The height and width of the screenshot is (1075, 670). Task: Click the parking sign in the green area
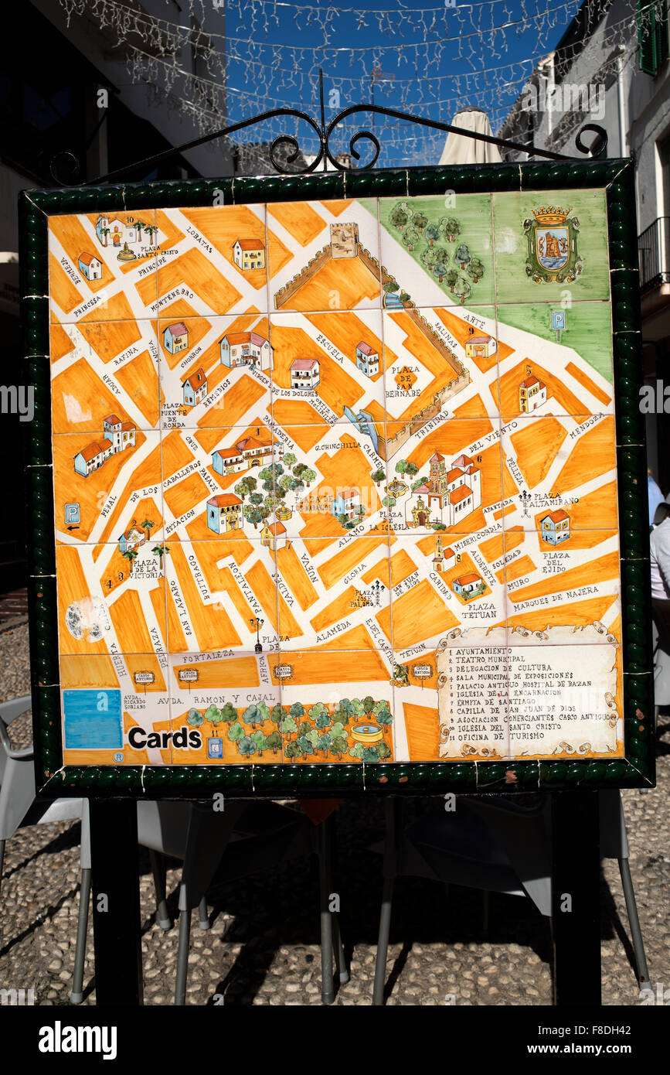pyautogui.click(x=557, y=319)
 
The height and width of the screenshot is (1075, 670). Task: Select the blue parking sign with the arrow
pyautogui.click(x=72, y=514)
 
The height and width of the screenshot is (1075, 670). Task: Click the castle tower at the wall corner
pyautogui.click(x=344, y=239)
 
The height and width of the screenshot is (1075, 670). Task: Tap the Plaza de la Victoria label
pyautogui.click(x=147, y=568)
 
